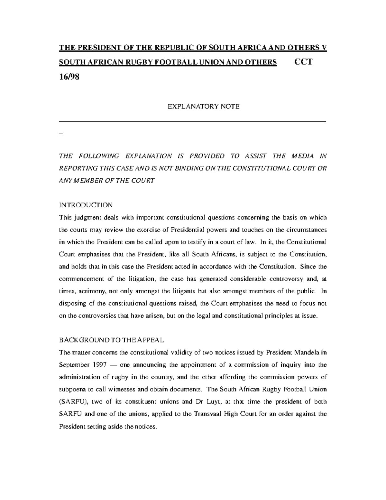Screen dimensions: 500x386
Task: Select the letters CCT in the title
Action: (x=303, y=62)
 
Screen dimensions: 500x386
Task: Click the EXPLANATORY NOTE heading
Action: (x=204, y=107)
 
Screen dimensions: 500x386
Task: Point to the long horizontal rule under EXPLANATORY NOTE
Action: (x=192, y=122)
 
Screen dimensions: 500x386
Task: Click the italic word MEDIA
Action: (x=302, y=156)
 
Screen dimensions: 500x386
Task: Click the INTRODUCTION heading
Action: (x=86, y=205)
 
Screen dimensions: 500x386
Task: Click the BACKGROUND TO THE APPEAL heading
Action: (x=112, y=340)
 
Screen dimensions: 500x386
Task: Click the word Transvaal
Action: (x=208, y=414)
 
